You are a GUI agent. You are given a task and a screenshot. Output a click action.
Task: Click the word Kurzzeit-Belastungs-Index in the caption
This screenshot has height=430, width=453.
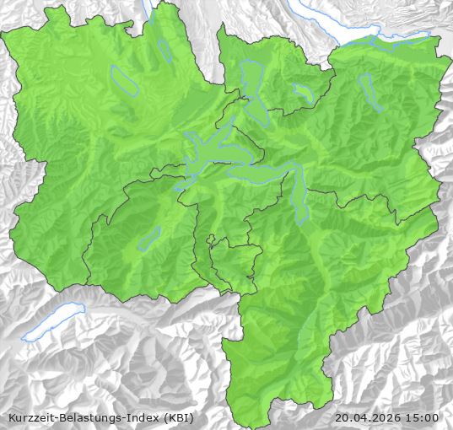(x=81, y=417)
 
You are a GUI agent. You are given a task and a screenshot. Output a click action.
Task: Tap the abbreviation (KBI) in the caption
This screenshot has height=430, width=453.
(x=178, y=417)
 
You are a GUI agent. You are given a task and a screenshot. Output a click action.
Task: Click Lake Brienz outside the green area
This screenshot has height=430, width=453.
(x=52, y=324)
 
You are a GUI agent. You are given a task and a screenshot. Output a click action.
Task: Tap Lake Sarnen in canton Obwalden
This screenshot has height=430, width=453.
(x=149, y=239)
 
